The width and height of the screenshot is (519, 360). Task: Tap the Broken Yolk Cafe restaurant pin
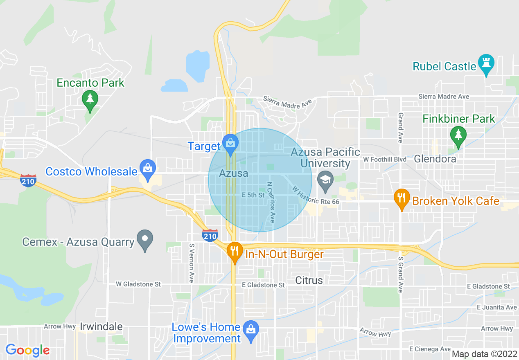point(402,198)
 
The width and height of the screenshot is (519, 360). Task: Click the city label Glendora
point(435,159)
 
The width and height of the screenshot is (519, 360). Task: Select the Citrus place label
point(309,280)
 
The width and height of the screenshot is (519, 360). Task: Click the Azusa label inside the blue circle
point(233,173)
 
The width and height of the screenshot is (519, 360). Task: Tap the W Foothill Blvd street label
point(384,159)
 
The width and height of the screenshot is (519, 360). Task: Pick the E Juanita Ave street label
point(496,307)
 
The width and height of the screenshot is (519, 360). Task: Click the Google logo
point(27,350)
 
